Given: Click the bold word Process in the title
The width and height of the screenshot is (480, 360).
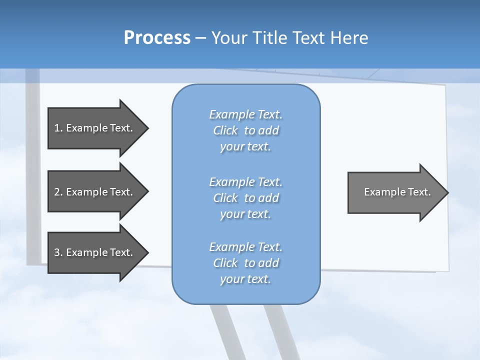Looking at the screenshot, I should point(157,37).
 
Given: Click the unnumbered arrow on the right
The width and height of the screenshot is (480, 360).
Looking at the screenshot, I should point(395,192).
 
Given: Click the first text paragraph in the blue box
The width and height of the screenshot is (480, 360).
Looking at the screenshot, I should point(245,130).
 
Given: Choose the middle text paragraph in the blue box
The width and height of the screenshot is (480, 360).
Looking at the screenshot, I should point(245,197).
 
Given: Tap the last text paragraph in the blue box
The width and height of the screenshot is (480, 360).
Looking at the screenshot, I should point(245,263).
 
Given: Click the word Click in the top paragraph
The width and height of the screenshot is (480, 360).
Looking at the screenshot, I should point(225,130).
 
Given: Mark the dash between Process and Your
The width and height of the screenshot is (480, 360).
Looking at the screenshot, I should point(200,38).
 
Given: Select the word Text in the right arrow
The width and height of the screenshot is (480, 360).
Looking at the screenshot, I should point(419,192).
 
